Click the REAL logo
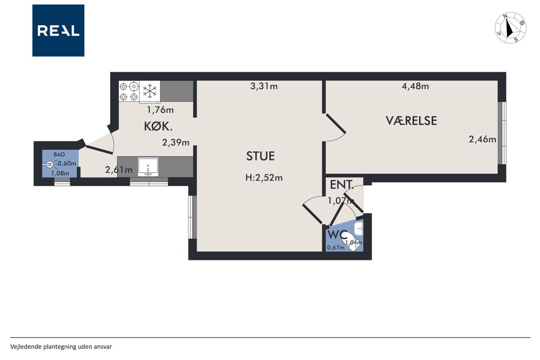pos(58,30)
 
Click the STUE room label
pos(260,156)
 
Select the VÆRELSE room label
pos(411,121)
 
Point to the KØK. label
pos(158,126)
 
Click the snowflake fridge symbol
pos(150,91)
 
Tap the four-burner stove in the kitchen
pos(129,91)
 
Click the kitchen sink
pos(148,167)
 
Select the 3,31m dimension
pos(264,87)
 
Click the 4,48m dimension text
pos(416,87)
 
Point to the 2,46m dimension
pos(482,139)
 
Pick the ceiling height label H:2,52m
pos(264,178)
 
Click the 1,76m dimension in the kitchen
pos(160,110)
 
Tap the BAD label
pos(59,154)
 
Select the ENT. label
pos(342,185)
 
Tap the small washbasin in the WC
pos(358,229)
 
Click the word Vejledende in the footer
pos(26,347)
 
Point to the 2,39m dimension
pos(176,143)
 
